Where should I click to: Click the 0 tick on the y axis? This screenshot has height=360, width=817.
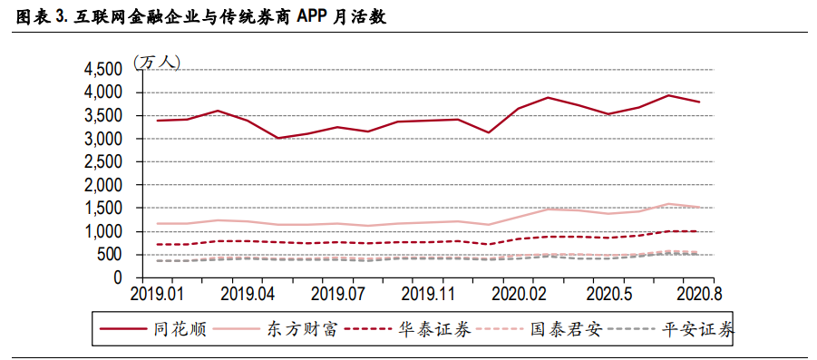117,278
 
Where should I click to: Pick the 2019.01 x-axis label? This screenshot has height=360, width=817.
157,294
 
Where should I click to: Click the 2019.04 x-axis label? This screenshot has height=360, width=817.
248,294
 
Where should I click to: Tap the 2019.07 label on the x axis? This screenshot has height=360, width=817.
338,294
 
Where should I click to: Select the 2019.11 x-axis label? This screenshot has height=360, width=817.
429,294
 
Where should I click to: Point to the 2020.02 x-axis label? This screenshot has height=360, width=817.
520,294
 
